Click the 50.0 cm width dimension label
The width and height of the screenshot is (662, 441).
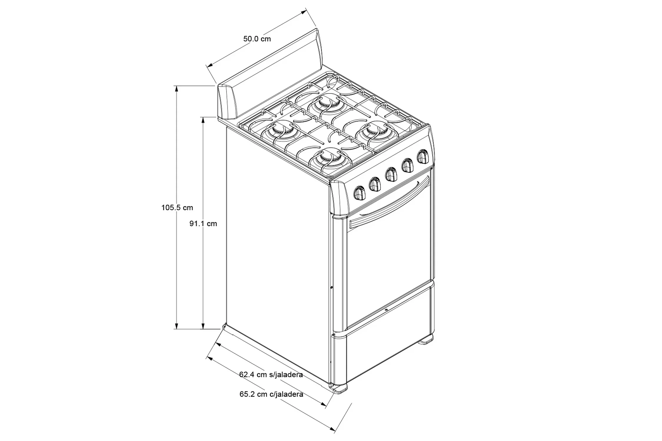coord(257,39)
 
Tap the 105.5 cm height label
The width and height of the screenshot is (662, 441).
coord(177,208)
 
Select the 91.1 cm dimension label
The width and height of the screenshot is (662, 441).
coord(203,223)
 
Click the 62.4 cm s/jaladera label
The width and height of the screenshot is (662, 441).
coord(271,375)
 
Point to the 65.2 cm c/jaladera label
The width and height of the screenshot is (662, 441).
coord(271,394)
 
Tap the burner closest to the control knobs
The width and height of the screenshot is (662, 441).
coord(329,159)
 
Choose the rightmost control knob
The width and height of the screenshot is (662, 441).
coord(423,157)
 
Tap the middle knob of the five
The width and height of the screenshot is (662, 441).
coord(391,175)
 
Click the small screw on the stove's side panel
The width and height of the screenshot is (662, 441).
coord(332,287)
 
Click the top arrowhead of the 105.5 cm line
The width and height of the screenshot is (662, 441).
coord(177,88)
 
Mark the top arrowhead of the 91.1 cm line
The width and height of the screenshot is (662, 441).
coord(203,120)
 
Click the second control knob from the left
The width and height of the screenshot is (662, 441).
coord(375,184)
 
